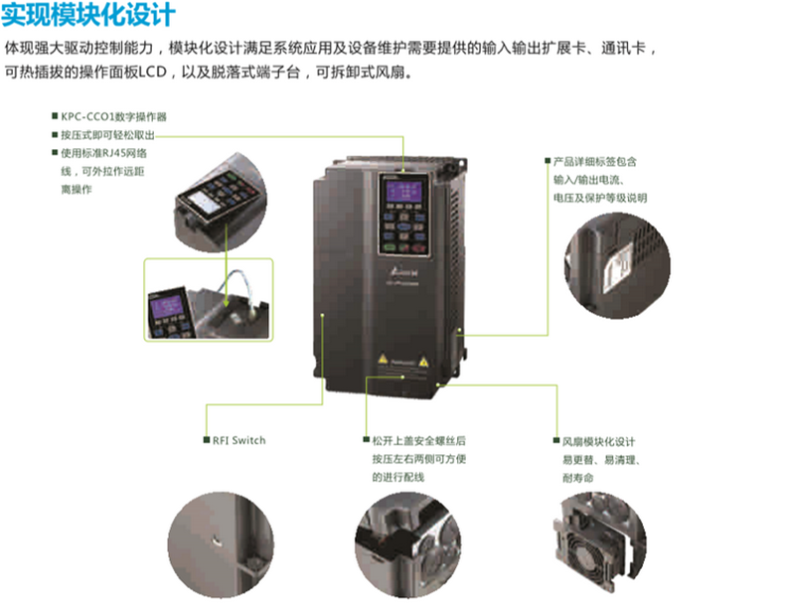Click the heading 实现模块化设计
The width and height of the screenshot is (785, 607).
click(x=89, y=16)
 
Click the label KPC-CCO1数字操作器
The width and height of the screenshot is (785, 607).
click(x=113, y=115)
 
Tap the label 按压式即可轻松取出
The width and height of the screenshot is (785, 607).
click(x=108, y=134)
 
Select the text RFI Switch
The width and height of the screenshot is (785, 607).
click(x=238, y=440)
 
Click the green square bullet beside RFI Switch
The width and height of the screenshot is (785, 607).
click(x=206, y=440)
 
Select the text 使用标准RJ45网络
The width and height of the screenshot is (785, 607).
click(x=104, y=153)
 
